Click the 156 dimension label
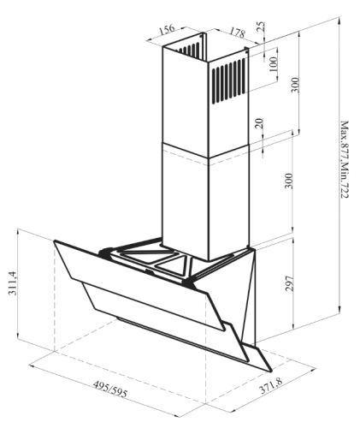pyautogui.click(x=166, y=29)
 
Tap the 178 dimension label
pyautogui.click(x=237, y=33)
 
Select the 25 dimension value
pyautogui.click(x=261, y=27)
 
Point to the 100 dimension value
pyautogui.click(x=273, y=64)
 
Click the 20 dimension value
pyautogui.click(x=259, y=123)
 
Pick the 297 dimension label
pyautogui.click(x=289, y=283)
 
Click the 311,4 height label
pyautogui.click(x=13, y=282)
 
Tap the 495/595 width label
pyautogui.click(x=110, y=389)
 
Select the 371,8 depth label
pyautogui.click(x=271, y=385)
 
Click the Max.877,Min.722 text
pyautogui.click(x=345, y=159)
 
